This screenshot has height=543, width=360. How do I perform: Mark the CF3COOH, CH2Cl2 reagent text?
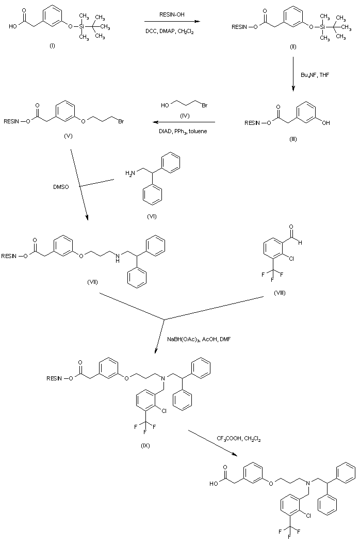coord(239,440)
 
